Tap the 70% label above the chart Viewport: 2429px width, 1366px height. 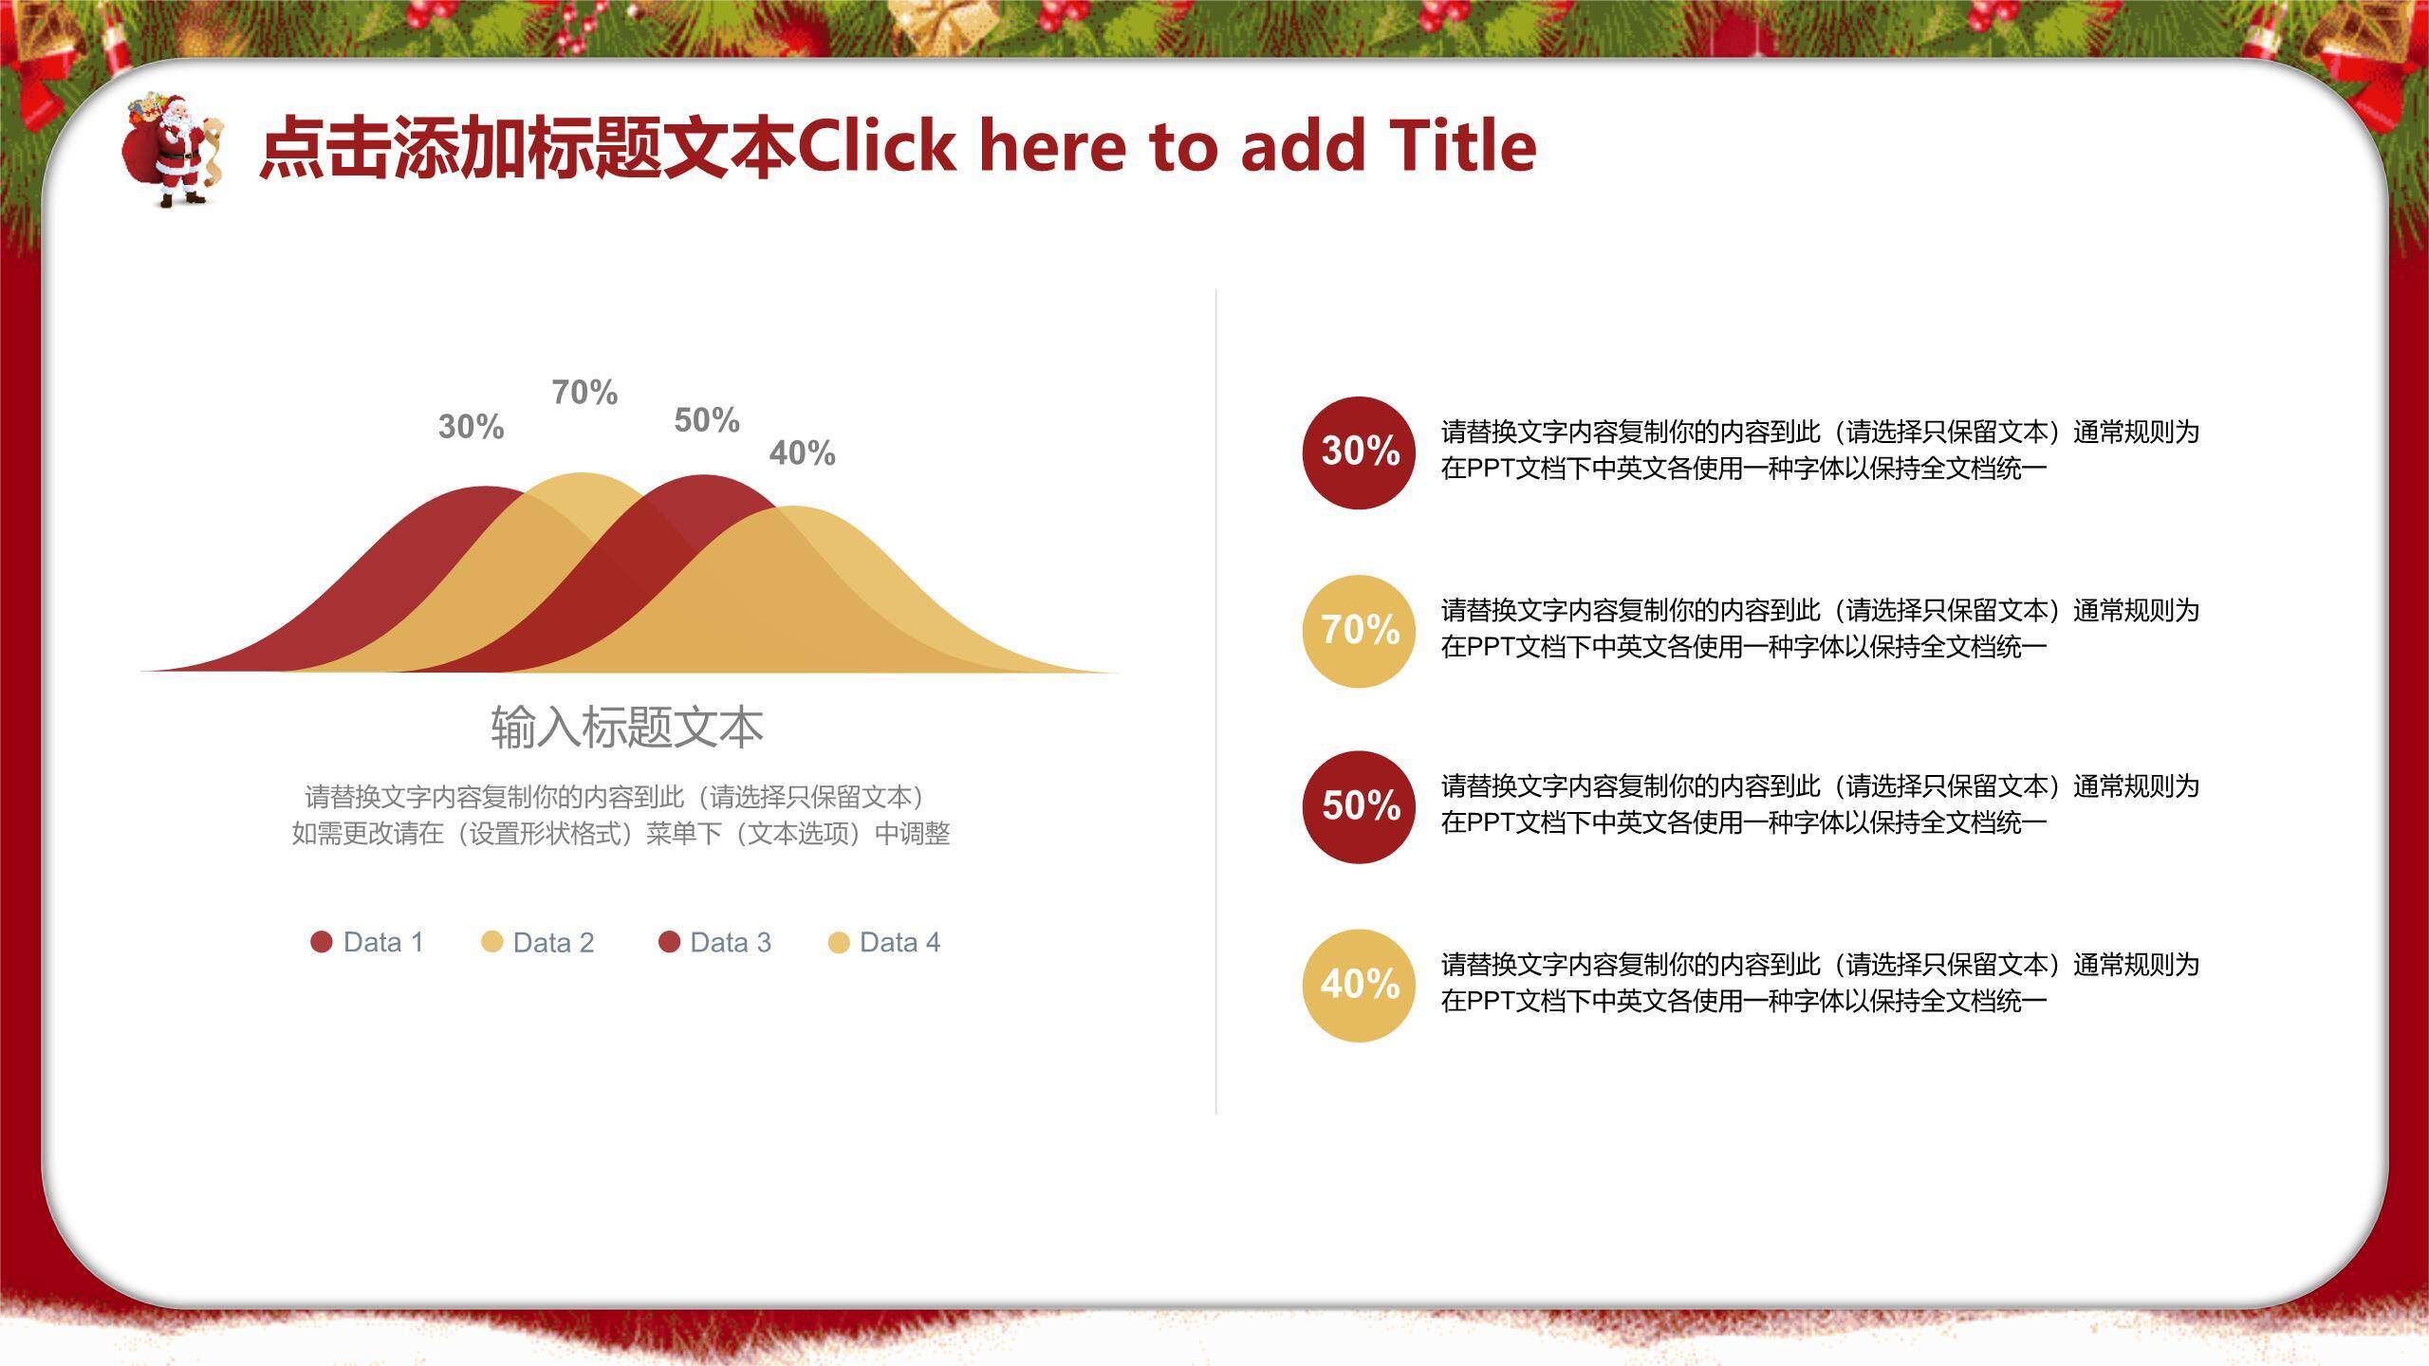click(x=584, y=392)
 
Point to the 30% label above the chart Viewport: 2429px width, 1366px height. click(x=471, y=427)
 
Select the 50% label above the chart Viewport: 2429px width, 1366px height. click(x=707, y=420)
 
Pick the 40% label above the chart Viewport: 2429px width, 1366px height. click(x=803, y=453)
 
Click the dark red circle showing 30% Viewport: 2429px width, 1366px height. click(x=1360, y=452)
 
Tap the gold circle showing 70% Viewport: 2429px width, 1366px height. click(x=1360, y=631)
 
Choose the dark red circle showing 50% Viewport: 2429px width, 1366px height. click(x=1360, y=807)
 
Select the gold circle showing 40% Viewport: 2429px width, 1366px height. click(x=1360, y=986)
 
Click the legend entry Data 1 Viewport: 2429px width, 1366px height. click(x=367, y=942)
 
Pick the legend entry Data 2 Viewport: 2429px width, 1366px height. click(x=538, y=942)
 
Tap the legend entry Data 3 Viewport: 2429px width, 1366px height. click(x=714, y=942)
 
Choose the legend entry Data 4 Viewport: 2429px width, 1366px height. click(x=884, y=942)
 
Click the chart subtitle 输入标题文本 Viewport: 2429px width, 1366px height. click(x=627, y=728)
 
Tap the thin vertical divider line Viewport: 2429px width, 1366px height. click(x=1215, y=702)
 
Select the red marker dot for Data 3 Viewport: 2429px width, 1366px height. click(x=669, y=942)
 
